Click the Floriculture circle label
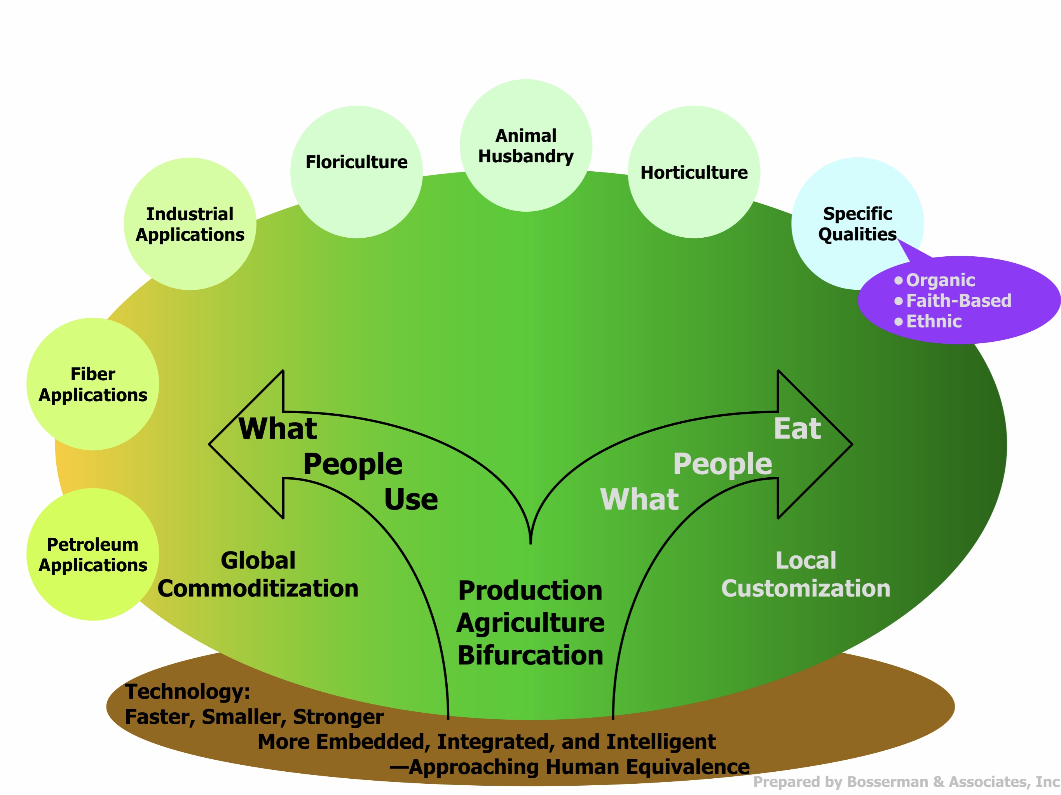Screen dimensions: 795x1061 point(356,162)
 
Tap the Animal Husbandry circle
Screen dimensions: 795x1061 point(526,146)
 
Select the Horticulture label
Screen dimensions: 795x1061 point(694,172)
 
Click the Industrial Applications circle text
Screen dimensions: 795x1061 point(190,224)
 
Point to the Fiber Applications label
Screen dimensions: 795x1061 point(92,384)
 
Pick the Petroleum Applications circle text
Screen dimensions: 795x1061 point(92,555)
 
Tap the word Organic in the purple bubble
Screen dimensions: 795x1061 point(940,280)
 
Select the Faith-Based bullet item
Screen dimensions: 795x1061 point(958,301)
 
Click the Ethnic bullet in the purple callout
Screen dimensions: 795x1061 point(934,321)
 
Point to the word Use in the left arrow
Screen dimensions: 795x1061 point(410,499)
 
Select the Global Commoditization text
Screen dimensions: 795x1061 point(258,574)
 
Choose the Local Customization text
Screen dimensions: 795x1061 point(805,574)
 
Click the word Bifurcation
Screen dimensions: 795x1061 point(530,655)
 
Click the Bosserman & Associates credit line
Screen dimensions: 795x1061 point(906,781)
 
